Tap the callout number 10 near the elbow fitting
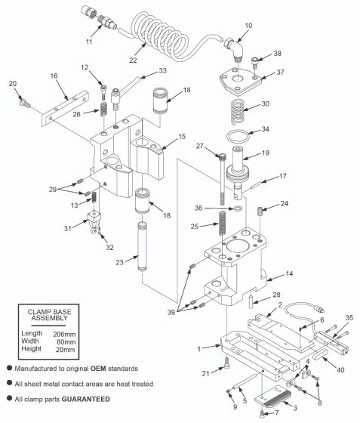click(248, 26)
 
